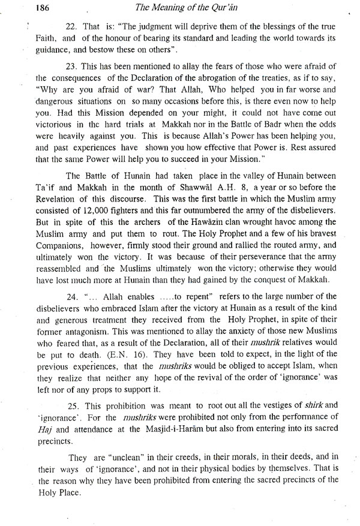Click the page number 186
(25, 8)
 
